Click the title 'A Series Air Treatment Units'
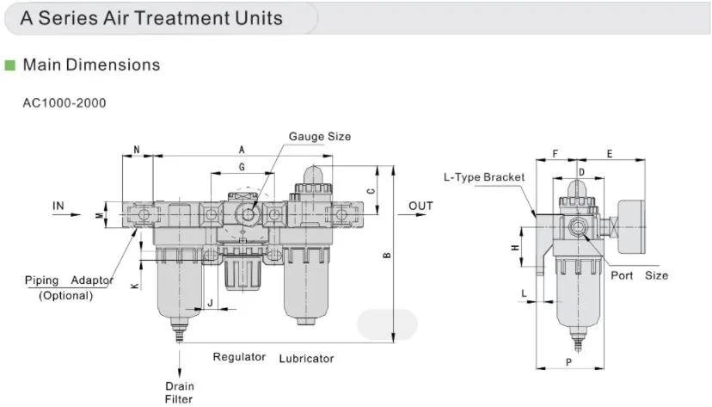pos(151,17)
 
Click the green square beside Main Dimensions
pos(9,65)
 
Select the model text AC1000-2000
pos(64,103)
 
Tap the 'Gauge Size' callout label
pos(319,137)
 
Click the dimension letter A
pos(241,150)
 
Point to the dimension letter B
pos(387,256)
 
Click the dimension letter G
pos(242,166)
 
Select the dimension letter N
pos(138,150)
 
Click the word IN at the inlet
pos(58,206)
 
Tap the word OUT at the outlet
pos(420,206)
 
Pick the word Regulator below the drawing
pos(239,357)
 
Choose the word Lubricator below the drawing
pos(306,358)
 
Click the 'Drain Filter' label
pos(179,392)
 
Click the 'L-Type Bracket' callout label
pos(483,177)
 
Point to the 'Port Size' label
pos(639,275)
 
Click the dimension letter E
pos(610,154)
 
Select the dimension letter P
pos(568,362)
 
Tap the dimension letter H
pos(514,248)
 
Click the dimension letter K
pos(135,285)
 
